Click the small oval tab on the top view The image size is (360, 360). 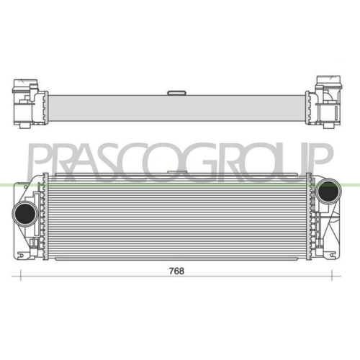tap(176, 92)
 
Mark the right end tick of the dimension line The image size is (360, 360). tap(330, 274)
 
